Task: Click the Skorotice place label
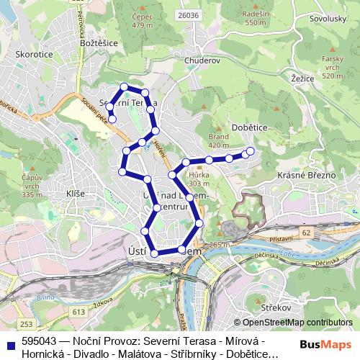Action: (x=30, y=53)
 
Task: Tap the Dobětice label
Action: (x=250, y=127)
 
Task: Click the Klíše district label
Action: (x=75, y=194)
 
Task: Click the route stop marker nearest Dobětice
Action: (x=251, y=151)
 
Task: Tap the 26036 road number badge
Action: (x=189, y=14)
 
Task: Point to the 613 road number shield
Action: (x=78, y=310)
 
